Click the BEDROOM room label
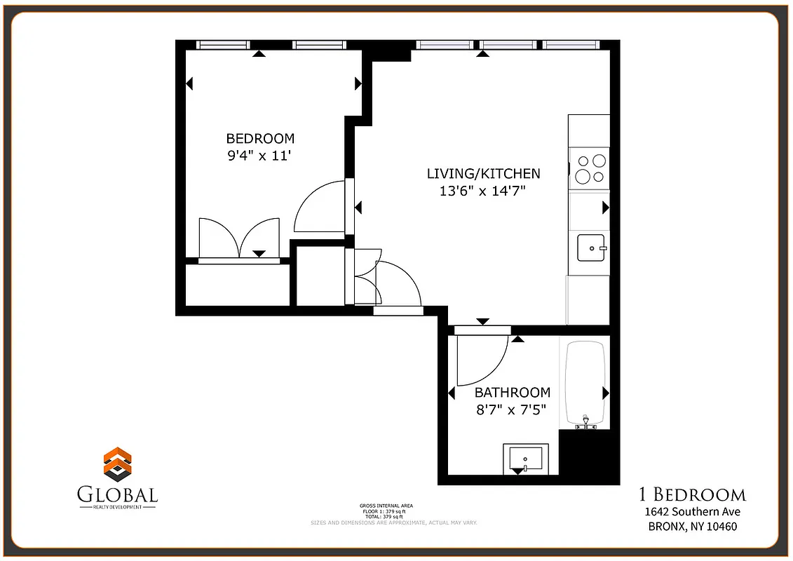tap(260, 138)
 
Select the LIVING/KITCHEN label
tap(484, 173)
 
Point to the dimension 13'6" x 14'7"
tap(482, 190)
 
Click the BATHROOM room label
tap(513, 392)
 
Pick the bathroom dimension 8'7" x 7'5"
tap(511, 409)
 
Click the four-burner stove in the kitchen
tap(590, 168)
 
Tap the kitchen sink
tap(591, 248)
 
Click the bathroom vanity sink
tap(525, 459)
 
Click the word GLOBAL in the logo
tap(118, 494)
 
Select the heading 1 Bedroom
tap(693, 494)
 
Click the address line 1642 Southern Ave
tap(693, 512)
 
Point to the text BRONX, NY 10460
tap(693, 527)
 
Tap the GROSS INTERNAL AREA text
tap(386, 505)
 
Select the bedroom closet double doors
tap(239, 238)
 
